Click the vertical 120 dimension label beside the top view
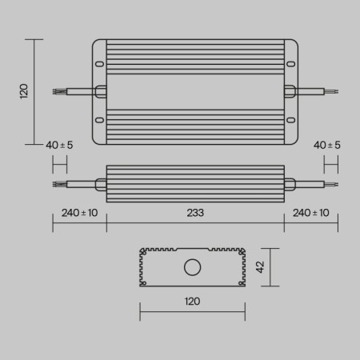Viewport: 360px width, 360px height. click(x=24, y=91)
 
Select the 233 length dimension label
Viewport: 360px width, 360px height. click(x=195, y=213)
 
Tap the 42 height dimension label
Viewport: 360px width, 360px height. click(x=260, y=267)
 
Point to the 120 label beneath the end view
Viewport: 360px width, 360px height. click(x=192, y=302)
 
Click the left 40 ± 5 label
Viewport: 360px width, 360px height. click(x=60, y=145)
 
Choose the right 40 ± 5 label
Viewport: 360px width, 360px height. click(x=326, y=145)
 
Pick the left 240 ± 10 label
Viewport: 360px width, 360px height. click(x=79, y=213)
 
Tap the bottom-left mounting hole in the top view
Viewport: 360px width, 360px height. click(x=100, y=121)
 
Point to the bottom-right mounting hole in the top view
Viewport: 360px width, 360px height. click(x=290, y=121)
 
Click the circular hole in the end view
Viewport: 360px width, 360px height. click(x=192, y=267)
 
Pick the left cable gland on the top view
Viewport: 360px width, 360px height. click(x=101, y=92)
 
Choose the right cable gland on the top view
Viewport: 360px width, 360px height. click(x=289, y=92)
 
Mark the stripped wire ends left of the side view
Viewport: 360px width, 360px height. click(x=57, y=184)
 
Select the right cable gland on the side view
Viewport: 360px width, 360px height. click(x=290, y=184)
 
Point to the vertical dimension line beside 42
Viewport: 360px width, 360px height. click(x=274, y=267)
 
